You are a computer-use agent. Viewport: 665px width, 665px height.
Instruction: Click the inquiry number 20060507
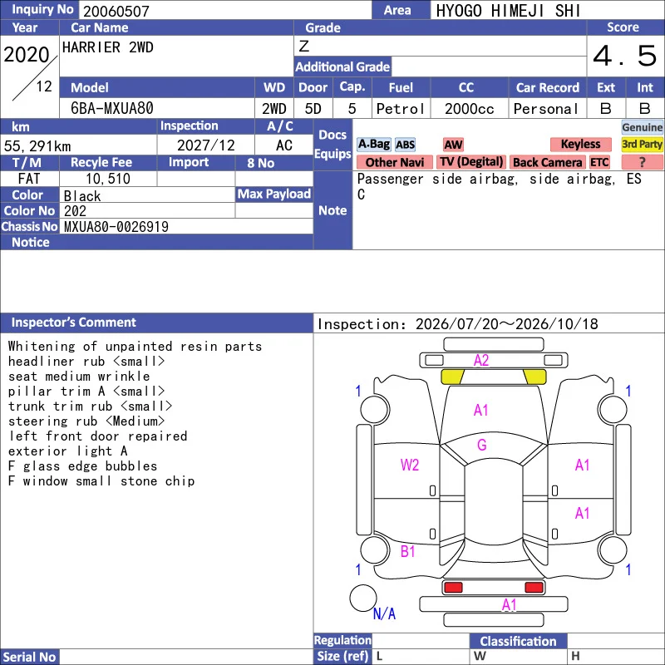(x=116, y=11)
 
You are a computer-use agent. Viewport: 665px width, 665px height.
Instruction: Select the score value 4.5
(x=625, y=56)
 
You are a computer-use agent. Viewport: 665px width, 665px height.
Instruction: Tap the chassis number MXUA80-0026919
(x=116, y=227)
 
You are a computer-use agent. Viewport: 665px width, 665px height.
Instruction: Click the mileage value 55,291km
(x=37, y=146)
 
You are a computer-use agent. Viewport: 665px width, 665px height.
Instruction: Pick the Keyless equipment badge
(x=580, y=144)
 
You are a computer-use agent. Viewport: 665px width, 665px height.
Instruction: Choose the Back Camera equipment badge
(x=547, y=162)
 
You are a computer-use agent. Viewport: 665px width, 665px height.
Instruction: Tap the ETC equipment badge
(x=599, y=162)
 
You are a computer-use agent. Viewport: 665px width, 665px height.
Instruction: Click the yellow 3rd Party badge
(x=642, y=144)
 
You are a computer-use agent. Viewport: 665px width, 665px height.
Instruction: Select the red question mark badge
(x=642, y=162)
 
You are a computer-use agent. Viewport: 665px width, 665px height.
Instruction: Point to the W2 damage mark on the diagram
(x=410, y=465)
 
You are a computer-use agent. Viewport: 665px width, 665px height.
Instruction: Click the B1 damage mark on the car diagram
(x=407, y=551)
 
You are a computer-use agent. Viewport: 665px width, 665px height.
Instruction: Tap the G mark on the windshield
(x=482, y=445)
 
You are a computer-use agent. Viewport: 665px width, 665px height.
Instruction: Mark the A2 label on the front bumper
(x=481, y=361)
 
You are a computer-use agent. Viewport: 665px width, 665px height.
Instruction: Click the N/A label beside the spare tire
(x=384, y=613)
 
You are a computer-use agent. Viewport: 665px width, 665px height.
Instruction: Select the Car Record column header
(x=548, y=88)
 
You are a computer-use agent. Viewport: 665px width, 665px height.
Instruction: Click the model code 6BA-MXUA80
(x=112, y=109)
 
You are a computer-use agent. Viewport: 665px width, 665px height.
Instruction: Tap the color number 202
(x=75, y=211)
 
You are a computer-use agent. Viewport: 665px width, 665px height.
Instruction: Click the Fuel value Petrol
(x=401, y=109)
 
